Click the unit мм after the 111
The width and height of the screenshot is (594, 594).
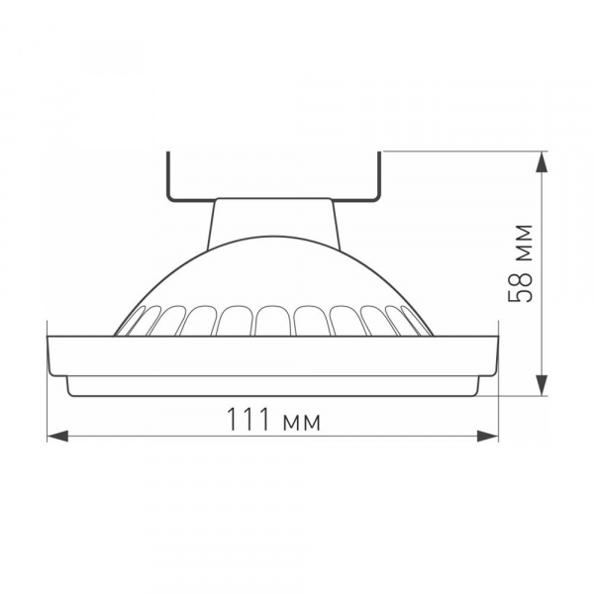(x=300, y=422)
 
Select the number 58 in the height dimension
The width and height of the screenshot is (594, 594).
(x=522, y=285)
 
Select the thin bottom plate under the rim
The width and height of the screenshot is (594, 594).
(x=274, y=387)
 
